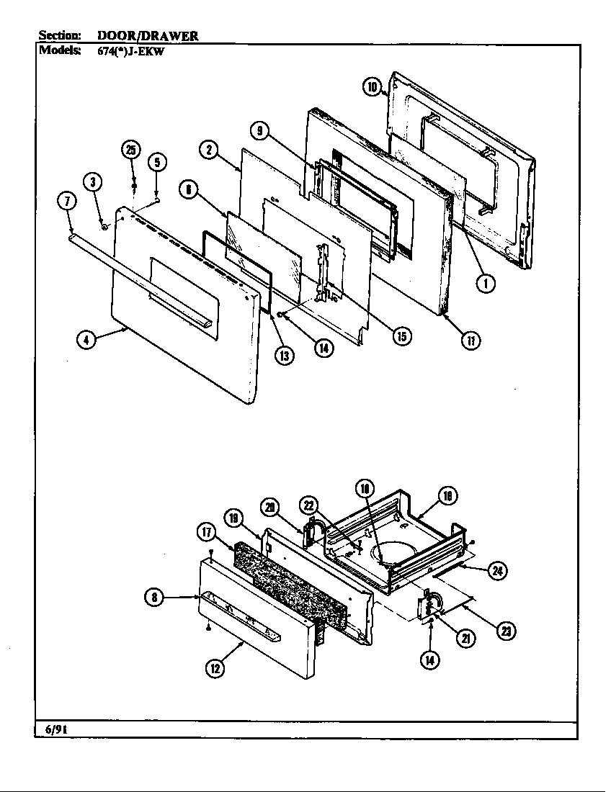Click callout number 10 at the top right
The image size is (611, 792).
371,87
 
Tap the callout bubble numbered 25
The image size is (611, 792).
130,150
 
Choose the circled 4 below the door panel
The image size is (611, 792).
86,342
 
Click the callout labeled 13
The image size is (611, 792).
287,355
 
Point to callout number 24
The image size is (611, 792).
496,571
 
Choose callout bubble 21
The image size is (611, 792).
465,639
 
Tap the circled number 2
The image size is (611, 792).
208,150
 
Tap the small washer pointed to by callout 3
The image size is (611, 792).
105,227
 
